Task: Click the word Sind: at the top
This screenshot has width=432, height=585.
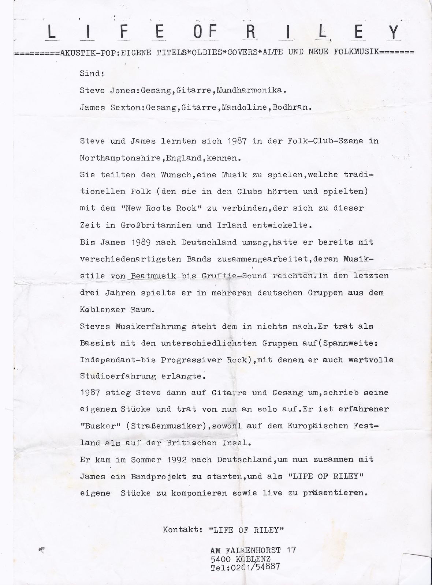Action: [92, 73]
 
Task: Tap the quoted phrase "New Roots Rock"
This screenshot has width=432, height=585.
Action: [154, 208]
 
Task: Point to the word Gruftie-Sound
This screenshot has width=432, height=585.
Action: [234, 276]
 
